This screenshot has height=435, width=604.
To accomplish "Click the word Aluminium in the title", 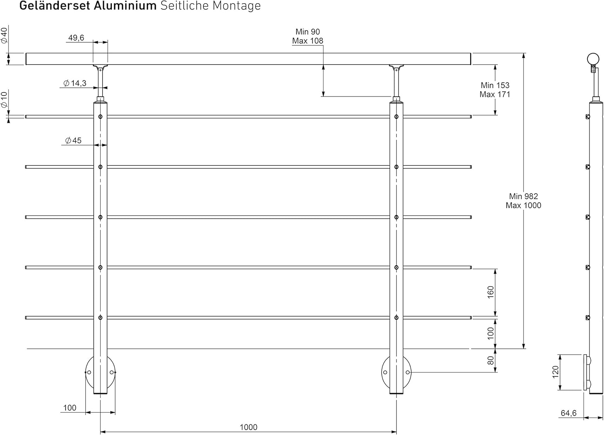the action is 125,6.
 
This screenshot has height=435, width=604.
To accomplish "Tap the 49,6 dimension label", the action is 76,38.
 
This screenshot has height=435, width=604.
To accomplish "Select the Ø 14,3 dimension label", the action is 75,83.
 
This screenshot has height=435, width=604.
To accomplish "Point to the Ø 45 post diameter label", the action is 73,140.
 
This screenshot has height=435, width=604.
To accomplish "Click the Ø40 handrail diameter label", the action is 4,35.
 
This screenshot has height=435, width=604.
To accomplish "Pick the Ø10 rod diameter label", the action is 4,100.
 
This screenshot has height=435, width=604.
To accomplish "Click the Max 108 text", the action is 308,41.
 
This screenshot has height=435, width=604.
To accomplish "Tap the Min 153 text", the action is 495,85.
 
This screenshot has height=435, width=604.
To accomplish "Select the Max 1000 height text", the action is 523,205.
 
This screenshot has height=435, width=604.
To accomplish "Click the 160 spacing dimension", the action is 490,292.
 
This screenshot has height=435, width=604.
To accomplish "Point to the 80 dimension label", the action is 490,361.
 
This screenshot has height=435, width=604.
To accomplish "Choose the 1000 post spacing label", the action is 248,427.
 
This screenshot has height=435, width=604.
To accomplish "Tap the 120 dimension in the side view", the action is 556,372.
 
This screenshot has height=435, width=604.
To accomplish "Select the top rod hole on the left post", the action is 100,117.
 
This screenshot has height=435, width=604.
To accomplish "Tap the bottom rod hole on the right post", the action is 396,318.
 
